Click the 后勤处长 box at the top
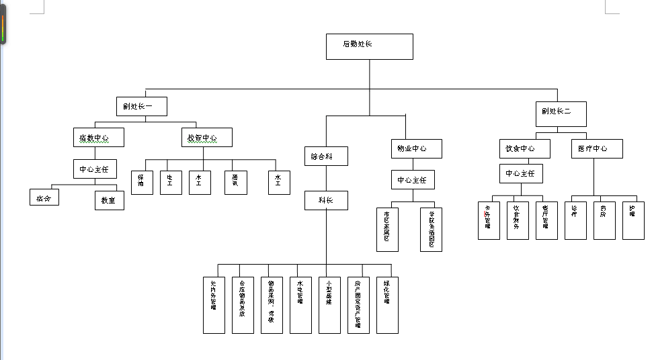(x=369, y=46)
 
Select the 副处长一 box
(x=141, y=106)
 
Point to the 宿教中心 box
(x=98, y=138)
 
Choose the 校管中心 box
(x=207, y=138)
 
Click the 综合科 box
(x=326, y=156)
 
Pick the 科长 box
(x=326, y=200)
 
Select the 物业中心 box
(x=417, y=148)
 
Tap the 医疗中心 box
(x=596, y=148)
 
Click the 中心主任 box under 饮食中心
(x=521, y=173)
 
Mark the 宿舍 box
(x=44, y=197)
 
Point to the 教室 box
(x=109, y=200)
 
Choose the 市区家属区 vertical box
(x=387, y=230)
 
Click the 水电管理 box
(x=300, y=305)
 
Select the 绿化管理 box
(x=387, y=305)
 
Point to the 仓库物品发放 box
(x=243, y=305)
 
